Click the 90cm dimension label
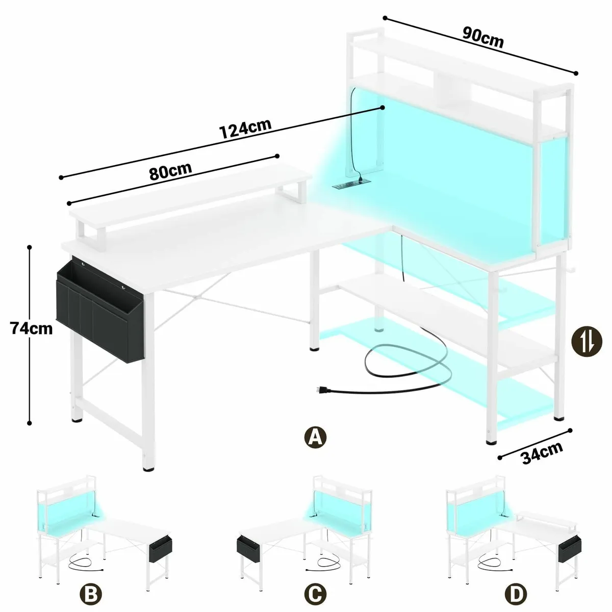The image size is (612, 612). [x=482, y=37]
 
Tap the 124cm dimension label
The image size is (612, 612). [x=245, y=130]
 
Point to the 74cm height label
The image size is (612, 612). [x=31, y=328]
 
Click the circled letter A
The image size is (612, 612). [x=315, y=437]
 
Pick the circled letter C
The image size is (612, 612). [x=315, y=594]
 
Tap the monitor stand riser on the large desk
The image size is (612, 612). [x=190, y=204]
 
